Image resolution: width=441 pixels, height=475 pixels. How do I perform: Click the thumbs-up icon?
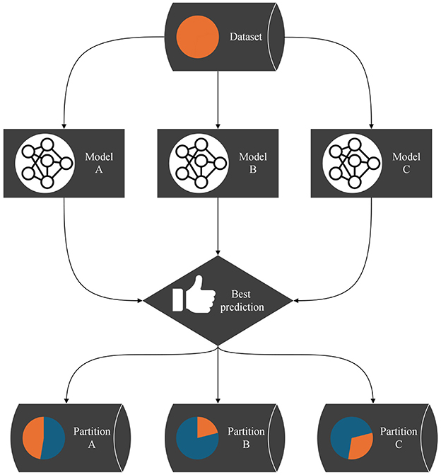[187, 297]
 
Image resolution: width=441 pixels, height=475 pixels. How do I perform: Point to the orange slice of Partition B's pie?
[206, 427]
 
